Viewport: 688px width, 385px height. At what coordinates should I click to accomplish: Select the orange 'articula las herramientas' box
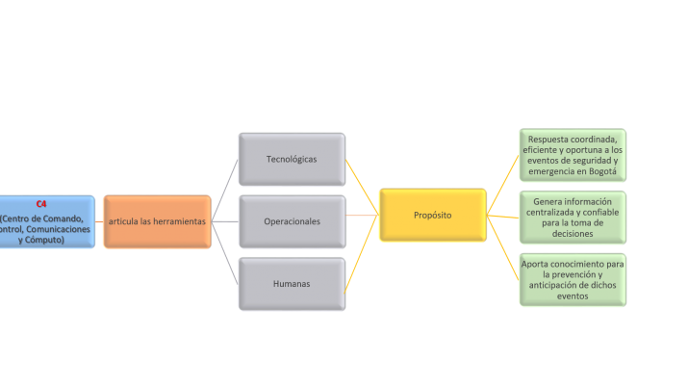[x=157, y=222]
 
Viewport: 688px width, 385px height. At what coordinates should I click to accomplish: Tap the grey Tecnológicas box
[x=291, y=159]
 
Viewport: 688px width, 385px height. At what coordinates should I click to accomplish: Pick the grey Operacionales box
[x=292, y=221]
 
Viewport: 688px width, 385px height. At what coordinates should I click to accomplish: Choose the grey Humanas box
[x=292, y=284]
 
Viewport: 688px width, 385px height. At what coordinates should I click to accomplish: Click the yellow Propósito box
[x=432, y=216]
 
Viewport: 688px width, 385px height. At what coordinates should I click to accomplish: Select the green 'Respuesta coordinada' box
[x=572, y=155]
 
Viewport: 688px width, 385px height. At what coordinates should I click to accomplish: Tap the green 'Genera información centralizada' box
[x=572, y=218]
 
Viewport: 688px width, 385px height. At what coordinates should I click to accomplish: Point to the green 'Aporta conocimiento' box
[x=572, y=280]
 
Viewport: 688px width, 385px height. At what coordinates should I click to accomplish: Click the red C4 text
[x=41, y=204]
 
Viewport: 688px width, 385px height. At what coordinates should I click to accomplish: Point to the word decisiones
[x=573, y=234]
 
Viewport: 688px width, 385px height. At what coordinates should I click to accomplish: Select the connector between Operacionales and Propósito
[x=362, y=216]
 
